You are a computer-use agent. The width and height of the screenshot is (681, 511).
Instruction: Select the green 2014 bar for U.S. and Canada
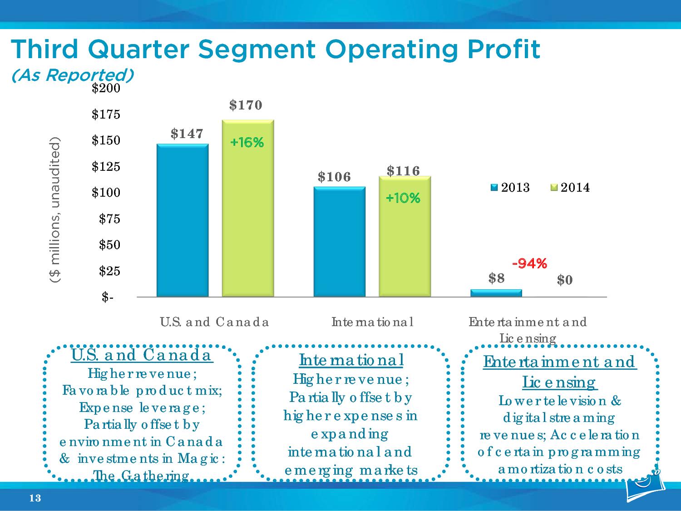(248, 209)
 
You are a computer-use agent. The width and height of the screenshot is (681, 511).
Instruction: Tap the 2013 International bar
(340, 242)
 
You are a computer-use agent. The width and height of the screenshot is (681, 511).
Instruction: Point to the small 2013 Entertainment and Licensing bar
(496, 293)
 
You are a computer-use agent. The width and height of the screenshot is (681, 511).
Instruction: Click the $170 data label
(246, 105)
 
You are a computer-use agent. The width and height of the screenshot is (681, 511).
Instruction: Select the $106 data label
(334, 177)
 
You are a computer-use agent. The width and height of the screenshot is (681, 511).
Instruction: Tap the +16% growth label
(247, 143)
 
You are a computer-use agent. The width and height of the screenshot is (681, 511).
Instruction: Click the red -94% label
(529, 263)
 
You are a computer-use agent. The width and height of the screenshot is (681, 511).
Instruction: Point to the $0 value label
(565, 280)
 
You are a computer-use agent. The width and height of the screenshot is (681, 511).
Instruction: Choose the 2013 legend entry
(511, 188)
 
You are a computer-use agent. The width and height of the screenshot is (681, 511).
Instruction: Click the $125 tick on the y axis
(106, 167)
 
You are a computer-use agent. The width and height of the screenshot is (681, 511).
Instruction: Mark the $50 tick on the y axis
(109, 245)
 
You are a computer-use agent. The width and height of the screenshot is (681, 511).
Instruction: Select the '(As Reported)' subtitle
(72, 75)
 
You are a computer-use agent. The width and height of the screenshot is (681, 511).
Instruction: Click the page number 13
(35, 499)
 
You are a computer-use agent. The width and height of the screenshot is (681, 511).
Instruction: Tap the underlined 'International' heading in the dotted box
(351, 360)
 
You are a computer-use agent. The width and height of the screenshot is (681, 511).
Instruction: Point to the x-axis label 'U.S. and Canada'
(214, 322)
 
